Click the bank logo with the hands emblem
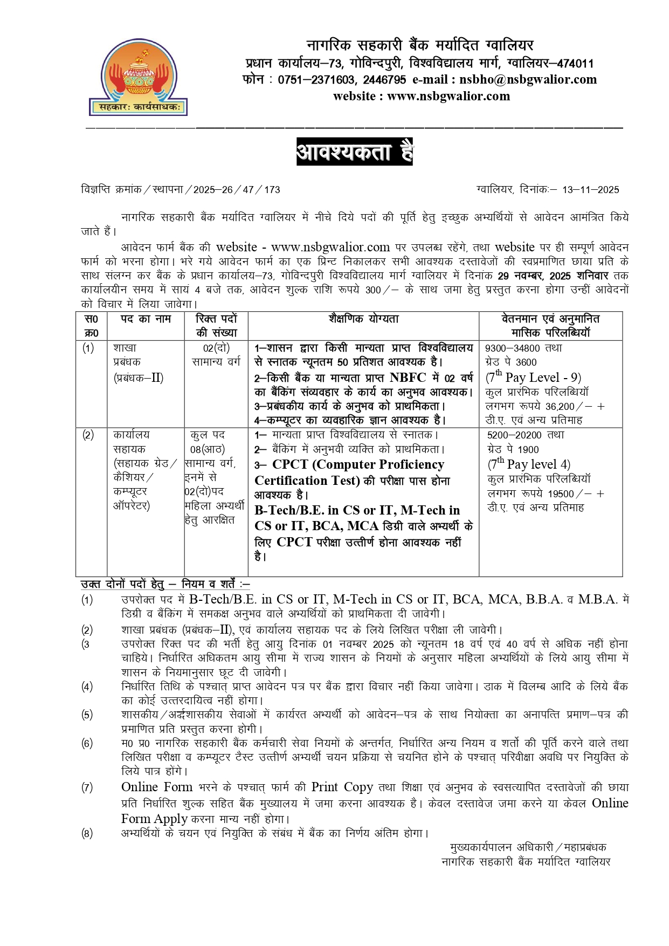coord(137,77)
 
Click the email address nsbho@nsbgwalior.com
coord(528,80)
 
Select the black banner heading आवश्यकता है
coord(354,152)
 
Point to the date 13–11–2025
coord(590,190)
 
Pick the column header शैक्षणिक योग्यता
coord(363,319)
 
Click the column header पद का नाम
coord(146,319)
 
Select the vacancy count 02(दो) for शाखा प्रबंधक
coord(216,348)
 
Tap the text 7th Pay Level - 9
coord(533,377)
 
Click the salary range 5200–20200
coord(515,435)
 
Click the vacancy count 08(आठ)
coord(208,449)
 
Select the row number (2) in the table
coord(88,435)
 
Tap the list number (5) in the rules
coord(87,715)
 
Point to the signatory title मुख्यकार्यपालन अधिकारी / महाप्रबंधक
coord(528,847)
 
